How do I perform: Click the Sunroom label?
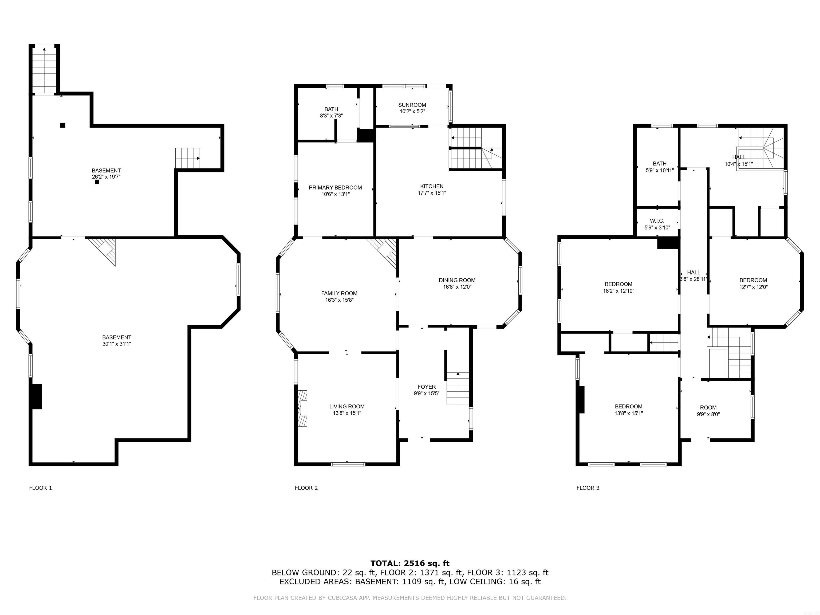pos(412,105)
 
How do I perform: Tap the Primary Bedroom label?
pos(336,188)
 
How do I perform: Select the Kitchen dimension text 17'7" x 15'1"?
pos(432,193)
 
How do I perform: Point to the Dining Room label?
pos(457,280)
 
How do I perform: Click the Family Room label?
pos(339,293)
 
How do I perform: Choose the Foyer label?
pos(427,387)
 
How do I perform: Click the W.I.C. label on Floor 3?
pos(657,221)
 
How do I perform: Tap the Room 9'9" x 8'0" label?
pos(708,411)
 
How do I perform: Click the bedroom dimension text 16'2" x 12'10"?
pos(619,291)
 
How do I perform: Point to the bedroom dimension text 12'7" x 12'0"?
pos(753,287)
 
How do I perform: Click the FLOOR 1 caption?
pos(40,488)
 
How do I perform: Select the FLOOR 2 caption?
pos(306,488)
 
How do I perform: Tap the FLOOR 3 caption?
pos(588,488)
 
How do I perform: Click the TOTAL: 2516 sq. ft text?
pos(410,564)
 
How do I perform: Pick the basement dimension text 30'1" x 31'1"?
pos(117,344)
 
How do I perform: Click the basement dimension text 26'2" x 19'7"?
pos(107,177)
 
